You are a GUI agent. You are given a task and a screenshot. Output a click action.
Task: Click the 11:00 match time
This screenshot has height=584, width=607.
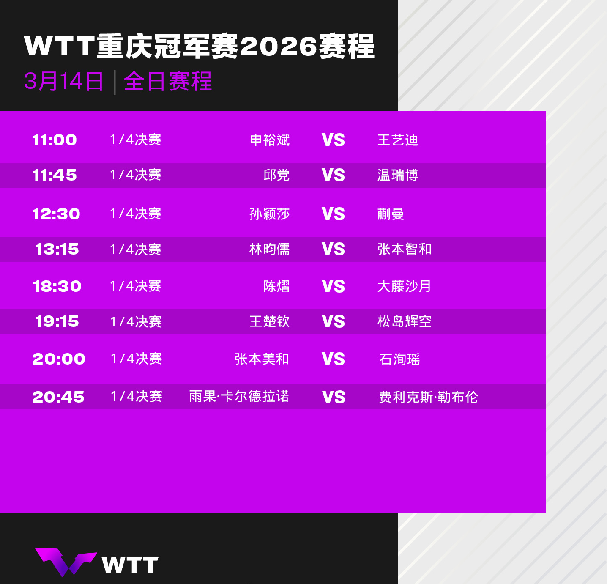pyautogui.click(x=55, y=140)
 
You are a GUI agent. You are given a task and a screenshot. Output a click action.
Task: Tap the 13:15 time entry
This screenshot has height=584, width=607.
pyautogui.click(x=57, y=249)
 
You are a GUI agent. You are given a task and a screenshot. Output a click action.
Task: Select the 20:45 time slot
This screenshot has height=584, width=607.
pyautogui.click(x=58, y=397)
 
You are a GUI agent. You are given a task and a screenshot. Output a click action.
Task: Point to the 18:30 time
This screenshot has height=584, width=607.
pyautogui.click(x=57, y=286)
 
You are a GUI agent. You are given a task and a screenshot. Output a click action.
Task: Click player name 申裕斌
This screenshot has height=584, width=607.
pyautogui.click(x=270, y=140)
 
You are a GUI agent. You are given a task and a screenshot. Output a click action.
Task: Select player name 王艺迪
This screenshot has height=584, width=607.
pyautogui.click(x=398, y=140)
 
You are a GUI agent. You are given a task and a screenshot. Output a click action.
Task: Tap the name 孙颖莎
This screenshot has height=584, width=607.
pyautogui.click(x=270, y=214)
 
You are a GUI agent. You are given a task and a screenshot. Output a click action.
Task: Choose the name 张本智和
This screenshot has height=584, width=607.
pyautogui.click(x=405, y=249)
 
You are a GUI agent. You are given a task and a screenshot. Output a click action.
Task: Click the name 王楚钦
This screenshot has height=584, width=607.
pyautogui.click(x=270, y=321)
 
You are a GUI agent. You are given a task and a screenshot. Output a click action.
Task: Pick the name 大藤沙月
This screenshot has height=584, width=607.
pyautogui.click(x=405, y=286)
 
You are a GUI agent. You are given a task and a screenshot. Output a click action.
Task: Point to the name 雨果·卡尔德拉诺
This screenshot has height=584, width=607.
pyautogui.click(x=239, y=397)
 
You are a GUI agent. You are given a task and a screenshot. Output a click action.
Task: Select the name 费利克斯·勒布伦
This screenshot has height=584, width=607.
pyautogui.click(x=428, y=397)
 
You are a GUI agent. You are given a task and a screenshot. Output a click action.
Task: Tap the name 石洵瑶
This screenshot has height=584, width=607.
pyautogui.click(x=399, y=359)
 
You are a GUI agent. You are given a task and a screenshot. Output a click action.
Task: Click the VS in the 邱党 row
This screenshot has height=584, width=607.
pyautogui.click(x=333, y=175)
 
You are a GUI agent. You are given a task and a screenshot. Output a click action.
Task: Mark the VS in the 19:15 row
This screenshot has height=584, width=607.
pyautogui.click(x=333, y=321)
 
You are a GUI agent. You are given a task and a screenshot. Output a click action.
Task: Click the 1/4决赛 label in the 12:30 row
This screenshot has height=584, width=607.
pyautogui.click(x=136, y=214)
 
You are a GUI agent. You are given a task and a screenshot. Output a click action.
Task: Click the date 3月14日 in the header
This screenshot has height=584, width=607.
pyautogui.click(x=64, y=81)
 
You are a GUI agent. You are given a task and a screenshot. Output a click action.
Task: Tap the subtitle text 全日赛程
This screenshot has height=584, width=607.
pyautogui.click(x=168, y=81)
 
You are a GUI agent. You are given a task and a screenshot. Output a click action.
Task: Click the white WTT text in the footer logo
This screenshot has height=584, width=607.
pyautogui.click(x=130, y=565)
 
